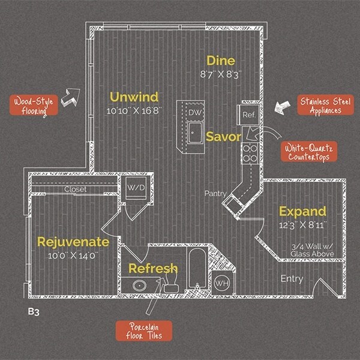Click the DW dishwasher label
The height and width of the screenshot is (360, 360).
click(x=195, y=113)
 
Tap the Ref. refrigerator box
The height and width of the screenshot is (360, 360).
click(x=249, y=115)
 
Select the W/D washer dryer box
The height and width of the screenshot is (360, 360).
click(x=136, y=188)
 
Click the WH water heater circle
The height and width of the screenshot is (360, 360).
click(x=222, y=283)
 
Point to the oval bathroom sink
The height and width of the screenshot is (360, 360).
click(x=139, y=286)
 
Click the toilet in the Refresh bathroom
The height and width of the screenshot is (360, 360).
click(x=171, y=281)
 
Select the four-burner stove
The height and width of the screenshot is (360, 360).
click(x=250, y=153)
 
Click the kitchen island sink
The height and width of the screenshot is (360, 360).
click(x=195, y=133)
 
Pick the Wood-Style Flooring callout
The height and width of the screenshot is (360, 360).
click(x=34, y=105)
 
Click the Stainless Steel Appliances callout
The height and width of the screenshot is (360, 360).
click(x=326, y=105)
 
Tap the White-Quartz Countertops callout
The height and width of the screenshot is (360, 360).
click(x=309, y=152)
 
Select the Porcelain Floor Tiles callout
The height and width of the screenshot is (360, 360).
click(x=144, y=331)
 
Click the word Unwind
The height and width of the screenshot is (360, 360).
click(x=134, y=97)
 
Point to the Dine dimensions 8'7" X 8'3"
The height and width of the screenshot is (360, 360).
click(x=221, y=74)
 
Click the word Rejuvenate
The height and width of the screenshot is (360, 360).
click(x=73, y=242)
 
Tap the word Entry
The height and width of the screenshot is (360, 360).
click(x=292, y=279)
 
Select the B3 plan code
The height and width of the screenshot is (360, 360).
click(x=34, y=312)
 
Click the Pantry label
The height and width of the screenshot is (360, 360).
click(x=215, y=194)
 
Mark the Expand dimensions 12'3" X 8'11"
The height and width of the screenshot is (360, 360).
click(x=302, y=225)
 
